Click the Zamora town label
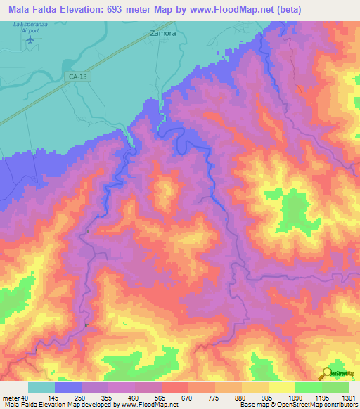click(x=163, y=33)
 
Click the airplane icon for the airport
click(x=30, y=39)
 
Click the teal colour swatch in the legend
click(x=41, y=387)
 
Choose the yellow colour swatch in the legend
click(x=282, y=387)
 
